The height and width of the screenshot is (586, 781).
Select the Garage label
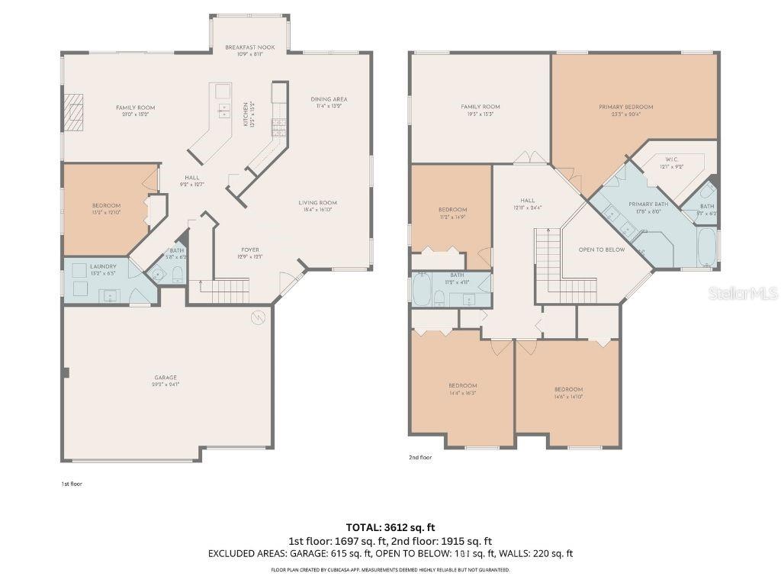pyautogui.click(x=166, y=378)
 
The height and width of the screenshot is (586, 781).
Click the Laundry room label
pyautogui.click(x=103, y=266)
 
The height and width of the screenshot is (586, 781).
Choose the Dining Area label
pyautogui.click(x=329, y=100)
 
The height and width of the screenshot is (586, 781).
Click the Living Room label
pyautogui.click(x=317, y=203)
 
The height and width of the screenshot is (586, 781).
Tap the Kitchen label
pyautogui.click(x=246, y=114)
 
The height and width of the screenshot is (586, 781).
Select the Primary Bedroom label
pyautogui.click(x=625, y=108)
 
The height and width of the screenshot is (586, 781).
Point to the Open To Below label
pyautogui.click(x=602, y=250)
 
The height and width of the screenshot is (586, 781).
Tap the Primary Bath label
pyautogui.click(x=648, y=204)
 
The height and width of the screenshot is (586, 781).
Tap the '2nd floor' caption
pyautogui.click(x=419, y=458)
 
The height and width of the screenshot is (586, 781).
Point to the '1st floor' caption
pyautogui.click(x=71, y=484)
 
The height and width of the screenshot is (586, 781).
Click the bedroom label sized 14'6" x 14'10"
pyautogui.click(x=568, y=390)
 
